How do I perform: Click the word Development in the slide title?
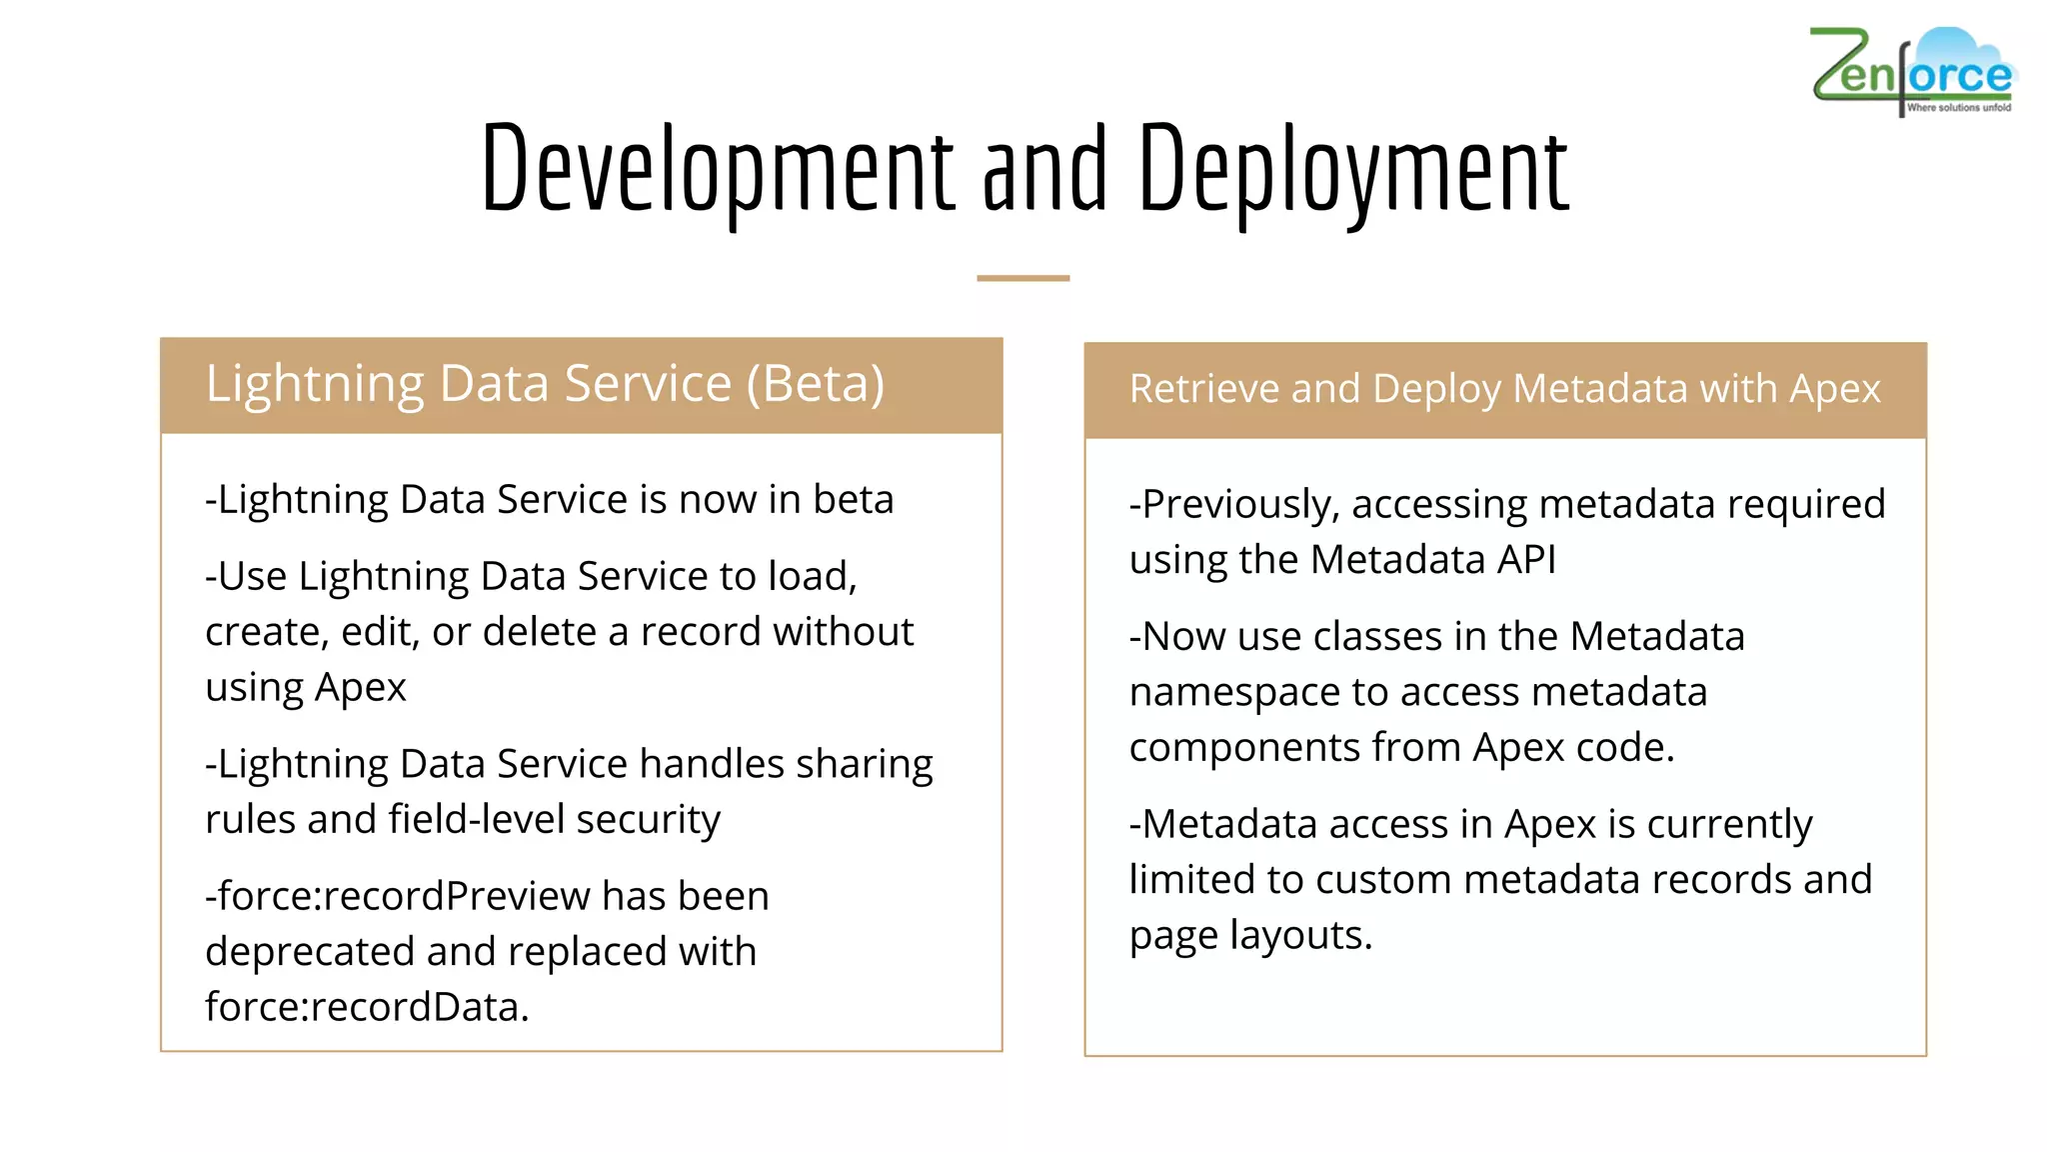point(718,170)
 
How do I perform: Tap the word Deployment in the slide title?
point(1353,170)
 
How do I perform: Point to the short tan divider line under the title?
point(1023,278)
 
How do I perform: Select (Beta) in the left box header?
point(815,384)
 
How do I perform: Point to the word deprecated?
point(310,952)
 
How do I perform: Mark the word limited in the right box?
point(1190,880)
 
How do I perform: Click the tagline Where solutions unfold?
point(1958,107)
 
